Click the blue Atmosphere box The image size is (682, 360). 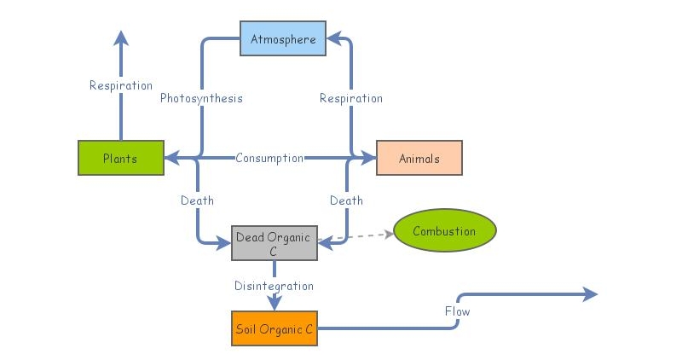click(283, 39)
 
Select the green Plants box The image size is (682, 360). click(120, 158)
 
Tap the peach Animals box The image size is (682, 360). click(419, 158)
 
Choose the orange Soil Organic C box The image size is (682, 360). click(274, 328)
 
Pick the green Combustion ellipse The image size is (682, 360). click(445, 231)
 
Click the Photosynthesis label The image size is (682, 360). click(201, 98)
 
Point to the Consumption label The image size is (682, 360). click(269, 158)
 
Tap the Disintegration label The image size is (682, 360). click(274, 286)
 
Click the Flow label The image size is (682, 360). click(457, 311)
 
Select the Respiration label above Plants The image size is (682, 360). click(121, 85)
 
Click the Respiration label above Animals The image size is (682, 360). click(350, 98)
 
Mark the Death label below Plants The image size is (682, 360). click(197, 200)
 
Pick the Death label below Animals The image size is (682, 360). click(346, 200)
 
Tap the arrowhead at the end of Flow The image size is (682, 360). click(590, 294)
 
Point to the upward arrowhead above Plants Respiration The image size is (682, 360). click(121, 38)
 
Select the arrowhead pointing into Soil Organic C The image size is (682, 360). click(274, 303)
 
